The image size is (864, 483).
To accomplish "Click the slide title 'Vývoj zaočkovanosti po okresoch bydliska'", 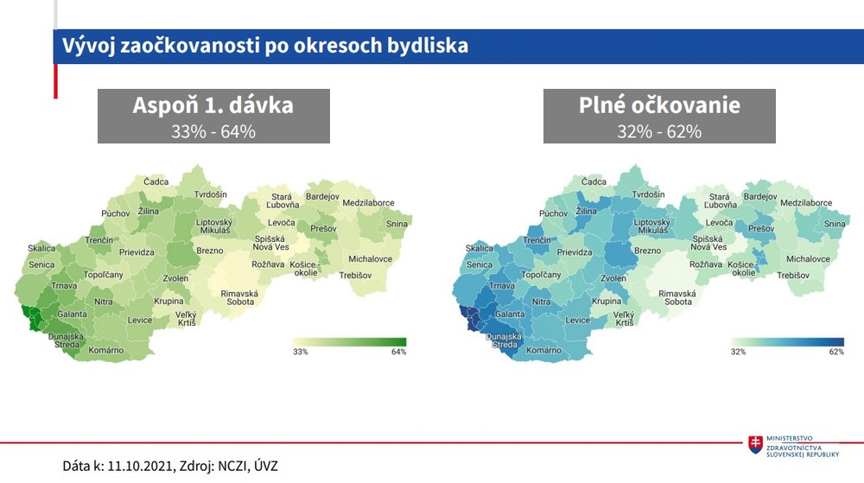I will (x=260, y=45).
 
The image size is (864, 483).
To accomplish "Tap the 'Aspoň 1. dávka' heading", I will (x=213, y=105).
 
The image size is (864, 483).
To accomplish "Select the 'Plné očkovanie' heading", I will (x=659, y=105).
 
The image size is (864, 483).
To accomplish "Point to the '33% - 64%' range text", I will (x=213, y=131).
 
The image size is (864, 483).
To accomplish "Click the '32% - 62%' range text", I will (x=659, y=131).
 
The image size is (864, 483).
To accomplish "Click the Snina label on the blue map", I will (x=835, y=224).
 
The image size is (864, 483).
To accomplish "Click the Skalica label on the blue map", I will (x=480, y=248).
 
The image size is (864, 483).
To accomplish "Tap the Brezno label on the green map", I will (x=210, y=251).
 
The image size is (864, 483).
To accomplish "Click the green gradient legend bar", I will (x=349, y=341).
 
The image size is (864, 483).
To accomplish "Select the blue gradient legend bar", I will (x=787, y=341).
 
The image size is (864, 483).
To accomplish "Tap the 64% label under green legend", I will (x=397, y=353).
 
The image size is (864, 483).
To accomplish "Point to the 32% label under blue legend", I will (x=739, y=353).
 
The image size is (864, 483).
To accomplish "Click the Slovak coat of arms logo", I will (x=756, y=443).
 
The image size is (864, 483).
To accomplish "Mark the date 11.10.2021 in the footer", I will (x=141, y=466).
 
